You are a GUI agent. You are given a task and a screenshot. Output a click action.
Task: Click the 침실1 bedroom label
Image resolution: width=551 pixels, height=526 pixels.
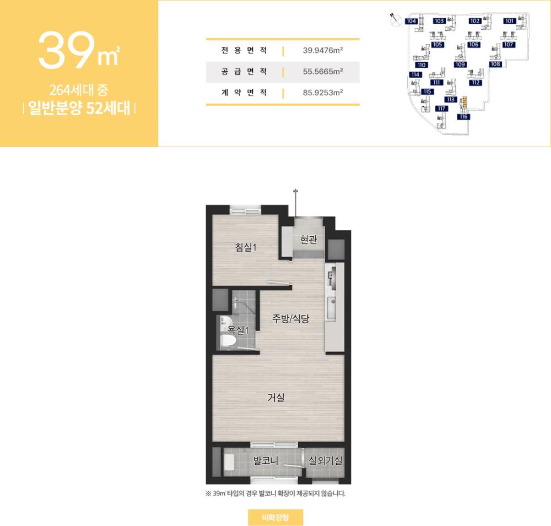[x=246, y=247]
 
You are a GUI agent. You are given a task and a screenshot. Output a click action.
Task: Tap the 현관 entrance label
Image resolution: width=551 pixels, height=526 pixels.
[x=309, y=239]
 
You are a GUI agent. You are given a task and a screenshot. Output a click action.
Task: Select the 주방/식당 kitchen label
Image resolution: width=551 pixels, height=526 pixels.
[x=290, y=319]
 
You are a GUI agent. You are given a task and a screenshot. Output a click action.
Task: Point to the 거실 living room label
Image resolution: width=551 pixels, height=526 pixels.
[x=276, y=398]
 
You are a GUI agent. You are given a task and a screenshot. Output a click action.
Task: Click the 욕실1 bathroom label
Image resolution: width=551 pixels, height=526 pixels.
[x=238, y=330]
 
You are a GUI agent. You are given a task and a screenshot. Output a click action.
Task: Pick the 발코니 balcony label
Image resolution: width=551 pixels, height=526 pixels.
[x=266, y=460]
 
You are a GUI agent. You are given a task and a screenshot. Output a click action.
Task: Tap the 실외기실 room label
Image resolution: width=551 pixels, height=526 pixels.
[x=325, y=460]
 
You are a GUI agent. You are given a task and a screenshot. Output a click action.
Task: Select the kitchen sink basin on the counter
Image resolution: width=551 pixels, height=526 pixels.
[x=331, y=308]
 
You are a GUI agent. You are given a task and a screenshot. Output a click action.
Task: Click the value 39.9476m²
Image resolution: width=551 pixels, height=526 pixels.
[x=322, y=50]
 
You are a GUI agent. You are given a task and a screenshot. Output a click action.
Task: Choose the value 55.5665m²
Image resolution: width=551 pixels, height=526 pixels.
[x=322, y=72]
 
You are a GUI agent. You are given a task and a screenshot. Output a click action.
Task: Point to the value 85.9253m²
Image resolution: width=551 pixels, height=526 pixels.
[x=322, y=93]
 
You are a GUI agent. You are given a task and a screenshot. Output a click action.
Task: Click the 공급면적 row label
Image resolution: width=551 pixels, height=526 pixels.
[x=244, y=72]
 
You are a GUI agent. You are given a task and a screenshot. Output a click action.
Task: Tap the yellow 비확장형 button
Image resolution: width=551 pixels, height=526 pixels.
[x=275, y=517]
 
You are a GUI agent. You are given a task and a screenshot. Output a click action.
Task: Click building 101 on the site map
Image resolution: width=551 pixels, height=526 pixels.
[x=510, y=21]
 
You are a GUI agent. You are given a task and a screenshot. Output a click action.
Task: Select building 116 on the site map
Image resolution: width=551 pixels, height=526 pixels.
[x=463, y=116]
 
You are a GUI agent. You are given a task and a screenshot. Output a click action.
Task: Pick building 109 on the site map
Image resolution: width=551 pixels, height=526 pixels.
[x=460, y=64]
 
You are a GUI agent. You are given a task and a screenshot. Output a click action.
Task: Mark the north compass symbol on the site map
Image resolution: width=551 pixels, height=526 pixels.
[x=396, y=20]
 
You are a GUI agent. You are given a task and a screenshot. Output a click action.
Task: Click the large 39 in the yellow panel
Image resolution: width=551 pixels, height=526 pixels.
[x=67, y=50]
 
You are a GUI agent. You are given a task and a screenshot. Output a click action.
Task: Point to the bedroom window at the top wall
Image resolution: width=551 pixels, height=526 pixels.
[x=245, y=211]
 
